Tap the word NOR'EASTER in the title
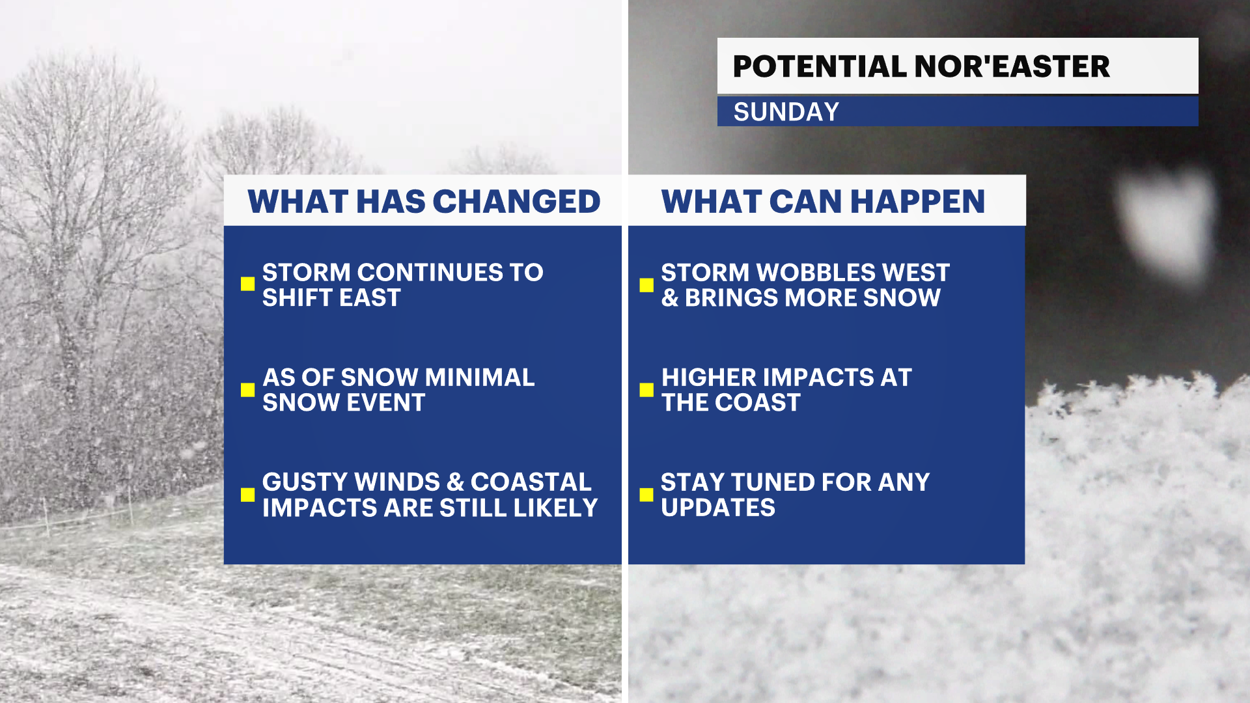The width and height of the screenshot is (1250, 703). click(1012, 66)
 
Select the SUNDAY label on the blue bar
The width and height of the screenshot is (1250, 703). click(786, 112)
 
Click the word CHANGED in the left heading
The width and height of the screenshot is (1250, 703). click(516, 201)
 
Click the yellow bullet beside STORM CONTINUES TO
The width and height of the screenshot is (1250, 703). click(247, 284)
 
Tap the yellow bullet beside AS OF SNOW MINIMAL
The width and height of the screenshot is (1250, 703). click(247, 389)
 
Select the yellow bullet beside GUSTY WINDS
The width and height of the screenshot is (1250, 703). click(247, 495)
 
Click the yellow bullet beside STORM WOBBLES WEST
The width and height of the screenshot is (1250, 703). click(646, 285)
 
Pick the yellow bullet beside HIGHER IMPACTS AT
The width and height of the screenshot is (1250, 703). click(646, 389)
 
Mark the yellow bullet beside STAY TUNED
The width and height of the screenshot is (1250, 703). click(646, 495)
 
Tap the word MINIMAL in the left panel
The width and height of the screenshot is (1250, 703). click(480, 378)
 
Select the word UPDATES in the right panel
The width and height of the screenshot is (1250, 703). click(718, 508)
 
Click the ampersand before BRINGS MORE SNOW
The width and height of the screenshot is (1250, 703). click(670, 298)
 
